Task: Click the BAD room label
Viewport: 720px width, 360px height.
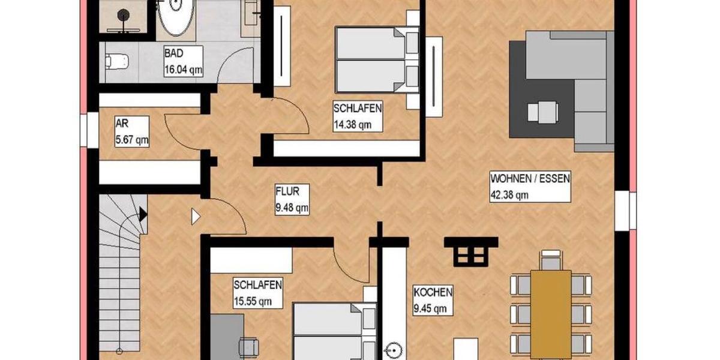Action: [x=174, y=54]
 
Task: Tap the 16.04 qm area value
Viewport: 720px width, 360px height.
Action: [x=183, y=70]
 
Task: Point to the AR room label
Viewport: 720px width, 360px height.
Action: [x=121, y=125]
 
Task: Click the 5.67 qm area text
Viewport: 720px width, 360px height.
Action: [x=131, y=140]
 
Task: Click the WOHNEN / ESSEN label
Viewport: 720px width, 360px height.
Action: [x=530, y=178]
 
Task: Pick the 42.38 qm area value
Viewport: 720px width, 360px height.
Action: [x=509, y=194]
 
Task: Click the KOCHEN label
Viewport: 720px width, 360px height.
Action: [x=433, y=293]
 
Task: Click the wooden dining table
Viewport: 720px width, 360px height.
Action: [x=551, y=306]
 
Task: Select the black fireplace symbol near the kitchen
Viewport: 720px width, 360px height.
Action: [x=472, y=251]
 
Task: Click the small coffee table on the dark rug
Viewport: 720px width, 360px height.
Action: [x=543, y=112]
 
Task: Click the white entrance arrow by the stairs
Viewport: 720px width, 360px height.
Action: [x=195, y=216]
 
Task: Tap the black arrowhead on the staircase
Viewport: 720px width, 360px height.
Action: [x=143, y=212]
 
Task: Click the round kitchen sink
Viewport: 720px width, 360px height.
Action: [x=393, y=349]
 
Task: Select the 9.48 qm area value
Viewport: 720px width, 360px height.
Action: [x=292, y=209]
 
